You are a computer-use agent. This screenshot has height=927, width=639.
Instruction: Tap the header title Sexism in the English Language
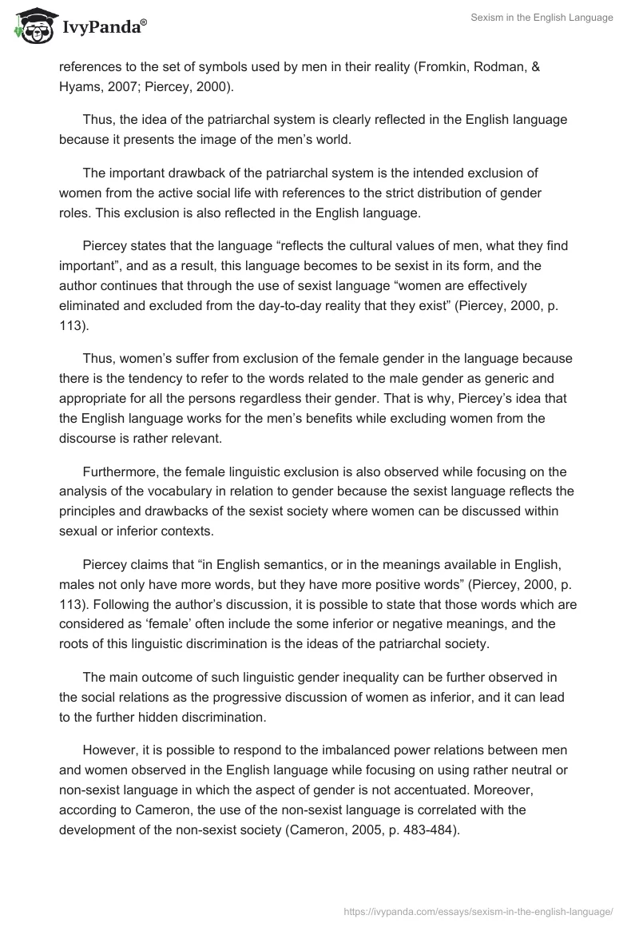[x=542, y=18]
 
